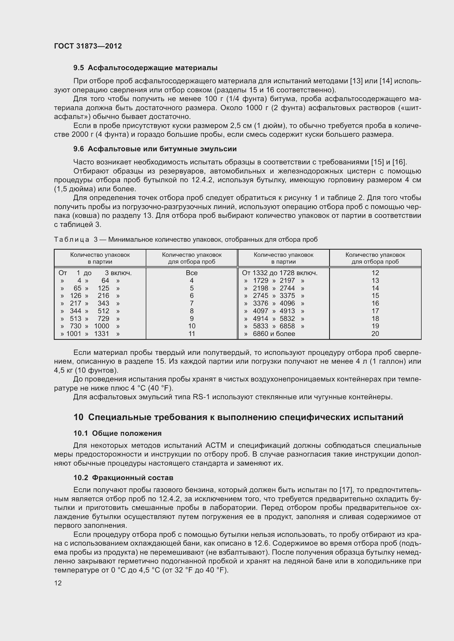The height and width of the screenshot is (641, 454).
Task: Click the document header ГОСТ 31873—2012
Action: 88,46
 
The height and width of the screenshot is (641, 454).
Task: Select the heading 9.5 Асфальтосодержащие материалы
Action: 145,68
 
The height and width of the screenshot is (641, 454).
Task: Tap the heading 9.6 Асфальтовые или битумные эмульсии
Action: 155,149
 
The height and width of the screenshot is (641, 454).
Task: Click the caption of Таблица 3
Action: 186,240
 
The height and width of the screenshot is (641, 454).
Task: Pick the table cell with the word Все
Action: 192,273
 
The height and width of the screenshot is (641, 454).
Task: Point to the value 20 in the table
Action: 375,334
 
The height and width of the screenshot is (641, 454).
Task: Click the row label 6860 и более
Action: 274,334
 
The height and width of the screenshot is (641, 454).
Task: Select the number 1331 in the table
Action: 102,334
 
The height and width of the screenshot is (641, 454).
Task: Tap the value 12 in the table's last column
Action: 375,273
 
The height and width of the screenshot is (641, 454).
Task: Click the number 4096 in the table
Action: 287,303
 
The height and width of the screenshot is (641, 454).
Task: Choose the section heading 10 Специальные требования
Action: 238,417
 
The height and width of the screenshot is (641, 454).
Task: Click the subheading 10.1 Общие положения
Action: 117,433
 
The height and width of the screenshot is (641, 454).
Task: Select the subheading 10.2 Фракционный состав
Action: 123,478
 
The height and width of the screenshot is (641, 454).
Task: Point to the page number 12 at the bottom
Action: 58,583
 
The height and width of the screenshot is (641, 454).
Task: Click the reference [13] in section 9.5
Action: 357,81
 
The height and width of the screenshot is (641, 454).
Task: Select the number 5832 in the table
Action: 287,318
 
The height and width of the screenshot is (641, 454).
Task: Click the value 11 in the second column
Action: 192,334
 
